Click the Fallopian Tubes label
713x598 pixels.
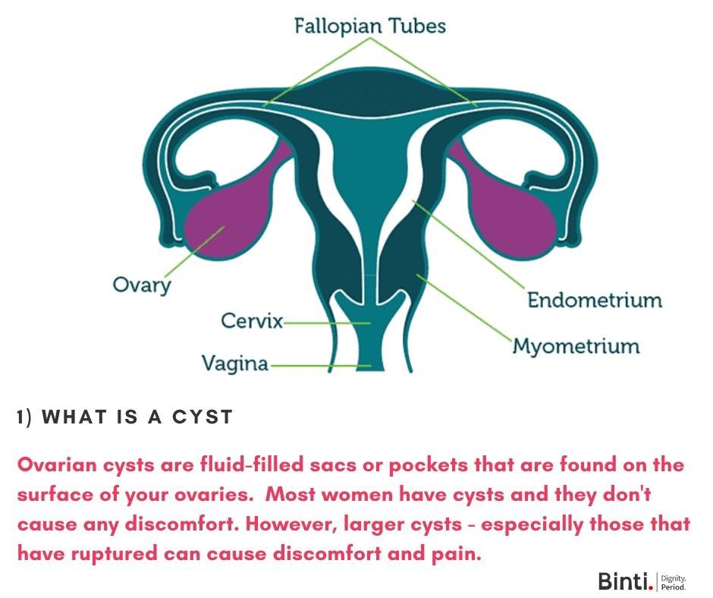point(369,27)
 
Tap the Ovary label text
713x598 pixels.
point(142,285)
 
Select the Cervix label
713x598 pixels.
point(251,321)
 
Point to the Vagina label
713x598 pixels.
point(235,364)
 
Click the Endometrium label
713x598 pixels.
point(595,300)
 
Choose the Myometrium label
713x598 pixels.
point(576,347)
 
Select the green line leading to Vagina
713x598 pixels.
point(319,366)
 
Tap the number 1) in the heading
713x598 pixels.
point(25,417)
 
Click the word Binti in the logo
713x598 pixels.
point(623,581)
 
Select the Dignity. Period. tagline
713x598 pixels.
point(674,582)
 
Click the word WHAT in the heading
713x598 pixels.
point(74,417)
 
